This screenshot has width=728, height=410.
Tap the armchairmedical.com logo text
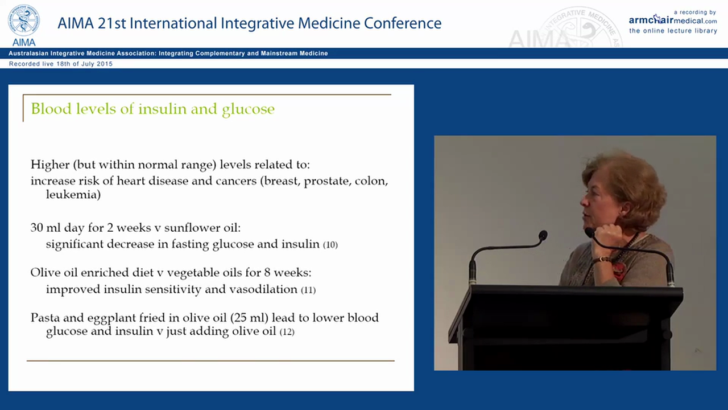pyautogui.click(x=672, y=20)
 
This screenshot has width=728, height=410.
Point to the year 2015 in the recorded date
pyautogui.click(x=104, y=64)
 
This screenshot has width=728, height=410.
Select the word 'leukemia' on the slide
pyautogui.click(x=73, y=195)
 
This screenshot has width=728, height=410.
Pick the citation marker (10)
pyautogui.click(x=330, y=245)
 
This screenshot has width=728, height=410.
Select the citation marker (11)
pyautogui.click(x=308, y=290)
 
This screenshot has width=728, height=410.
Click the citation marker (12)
pyautogui.click(x=287, y=331)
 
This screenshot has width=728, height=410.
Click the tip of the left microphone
pyautogui.click(x=543, y=235)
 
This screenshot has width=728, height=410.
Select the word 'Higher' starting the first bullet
pyautogui.click(x=49, y=165)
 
